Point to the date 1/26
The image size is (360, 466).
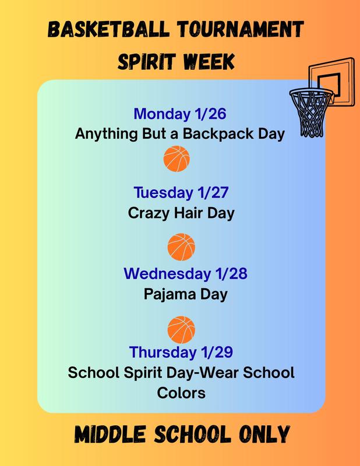208,114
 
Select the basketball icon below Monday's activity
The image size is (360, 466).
177,158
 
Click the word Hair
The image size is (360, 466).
189,213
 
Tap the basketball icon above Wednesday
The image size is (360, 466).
181,247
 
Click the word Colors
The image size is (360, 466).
181,393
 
